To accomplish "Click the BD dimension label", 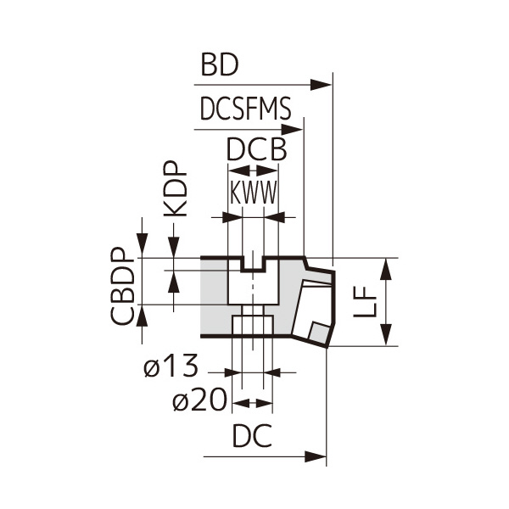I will click(220, 65).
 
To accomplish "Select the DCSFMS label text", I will click(246, 110).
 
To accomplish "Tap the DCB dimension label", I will click(255, 150).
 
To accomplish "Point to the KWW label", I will click(254, 194).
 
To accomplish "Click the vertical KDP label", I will click(175, 191).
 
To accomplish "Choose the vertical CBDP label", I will click(124, 287).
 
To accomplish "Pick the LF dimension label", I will click(365, 302).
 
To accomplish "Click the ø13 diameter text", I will click(171, 366).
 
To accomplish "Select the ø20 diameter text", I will click(200, 400).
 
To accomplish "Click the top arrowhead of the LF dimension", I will click(386, 269).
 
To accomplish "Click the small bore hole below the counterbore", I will click(252, 326).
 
